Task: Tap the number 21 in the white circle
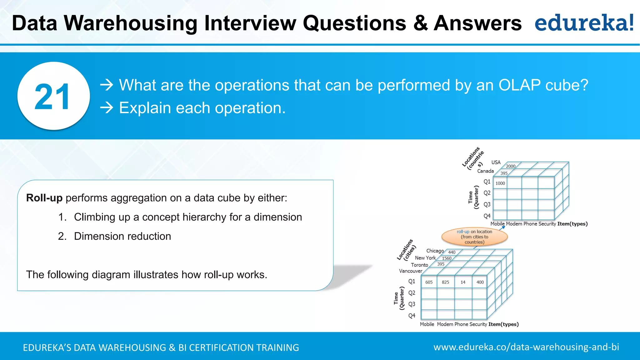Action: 52,97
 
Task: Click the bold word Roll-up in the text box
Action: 44,198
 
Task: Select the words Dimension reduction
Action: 122,236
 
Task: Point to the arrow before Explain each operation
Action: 107,108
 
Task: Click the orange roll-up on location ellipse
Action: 474,237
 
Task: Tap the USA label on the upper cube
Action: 496,162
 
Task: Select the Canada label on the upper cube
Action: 485,171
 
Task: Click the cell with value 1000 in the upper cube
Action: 500,183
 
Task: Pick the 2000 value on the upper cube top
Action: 511,166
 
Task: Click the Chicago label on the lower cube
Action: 435,251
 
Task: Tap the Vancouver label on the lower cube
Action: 410,271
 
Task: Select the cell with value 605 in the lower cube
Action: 429,282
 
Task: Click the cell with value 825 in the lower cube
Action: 445,282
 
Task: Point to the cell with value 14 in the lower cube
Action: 463,282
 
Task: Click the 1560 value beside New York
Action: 447,258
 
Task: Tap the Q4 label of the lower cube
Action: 412,316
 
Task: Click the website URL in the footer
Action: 526,347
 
